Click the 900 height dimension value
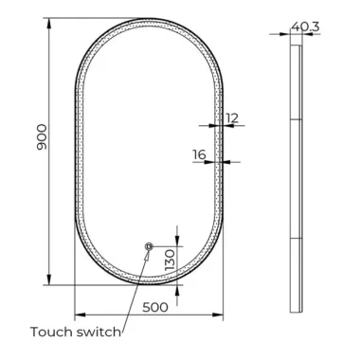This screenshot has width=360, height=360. click(42, 137)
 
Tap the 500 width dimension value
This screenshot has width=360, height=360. click(155, 307)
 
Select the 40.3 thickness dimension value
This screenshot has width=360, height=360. click(305, 27)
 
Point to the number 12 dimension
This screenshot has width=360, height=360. click(232, 118)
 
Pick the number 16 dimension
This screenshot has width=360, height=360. click(199, 154)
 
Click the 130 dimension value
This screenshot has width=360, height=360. click(170, 260)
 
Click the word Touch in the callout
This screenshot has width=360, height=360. click(51, 332)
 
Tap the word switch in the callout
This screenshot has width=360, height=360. click(99, 332)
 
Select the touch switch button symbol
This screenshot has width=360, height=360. click(149, 246)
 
